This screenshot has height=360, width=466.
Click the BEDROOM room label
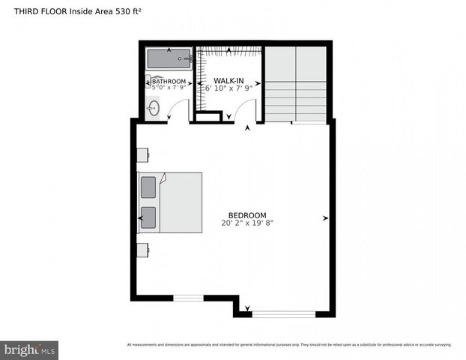click(247, 215)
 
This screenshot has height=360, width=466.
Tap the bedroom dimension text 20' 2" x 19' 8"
click(247, 223)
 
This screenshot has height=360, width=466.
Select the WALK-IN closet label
click(229, 80)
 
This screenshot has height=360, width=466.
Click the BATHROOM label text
click(169, 81)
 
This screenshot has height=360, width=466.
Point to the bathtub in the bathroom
click(169, 59)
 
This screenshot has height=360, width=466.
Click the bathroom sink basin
click(154, 109)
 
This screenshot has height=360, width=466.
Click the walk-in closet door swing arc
click(244, 112)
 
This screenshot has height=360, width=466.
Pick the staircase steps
click(297, 94)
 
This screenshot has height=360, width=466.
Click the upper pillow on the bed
click(148, 186)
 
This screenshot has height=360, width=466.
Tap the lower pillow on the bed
click(148, 217)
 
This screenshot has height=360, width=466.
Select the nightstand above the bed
click(142, 154)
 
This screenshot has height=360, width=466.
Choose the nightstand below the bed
click(142, 249)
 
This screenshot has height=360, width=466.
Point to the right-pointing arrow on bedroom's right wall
click(325, 218)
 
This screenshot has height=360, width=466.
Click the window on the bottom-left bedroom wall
click(189, 298)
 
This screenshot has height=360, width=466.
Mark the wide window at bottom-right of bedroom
click(283, 314)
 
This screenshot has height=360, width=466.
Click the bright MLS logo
click(30, 349)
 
